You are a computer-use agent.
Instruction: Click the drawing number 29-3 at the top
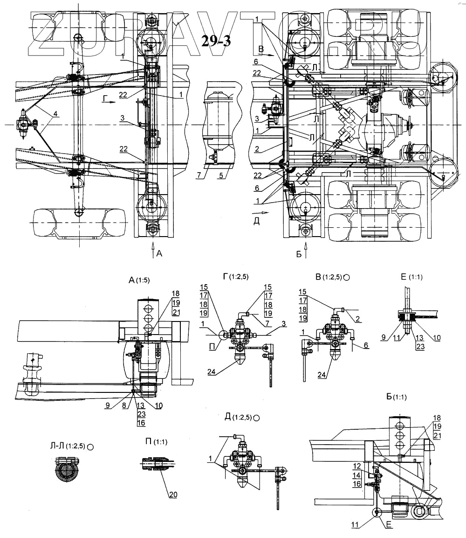click(216, 41)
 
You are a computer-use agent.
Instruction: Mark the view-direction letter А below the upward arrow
click(160, 253)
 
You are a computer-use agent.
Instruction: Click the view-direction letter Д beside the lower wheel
click(255, 221)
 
